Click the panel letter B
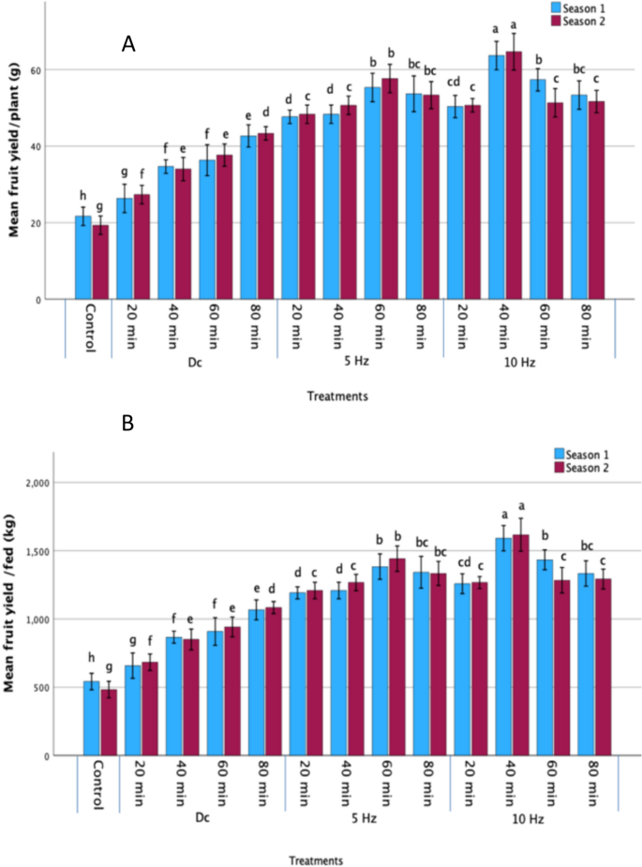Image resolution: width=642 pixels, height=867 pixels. click(x=128, y=424)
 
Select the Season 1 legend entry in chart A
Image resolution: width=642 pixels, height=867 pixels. click(x=579, y=7)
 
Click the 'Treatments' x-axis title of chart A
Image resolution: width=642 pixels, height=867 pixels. click(x=336, y=396)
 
